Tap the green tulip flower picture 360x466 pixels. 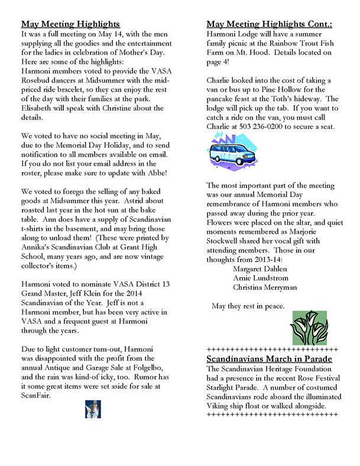(310, 326)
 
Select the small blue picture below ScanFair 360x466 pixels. (93, 409)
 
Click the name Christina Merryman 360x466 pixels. (265, 287)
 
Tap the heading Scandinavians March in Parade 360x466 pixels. (269, 359)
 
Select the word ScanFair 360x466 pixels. (38, 396)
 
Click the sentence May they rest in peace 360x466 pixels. (248, 306)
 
